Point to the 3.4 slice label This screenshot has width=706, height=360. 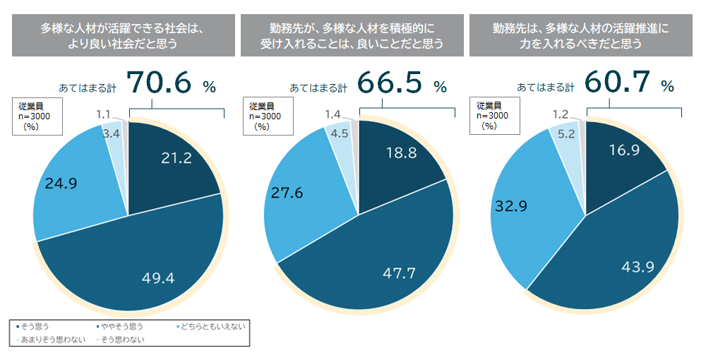pyautogui.click(x=110, y=133)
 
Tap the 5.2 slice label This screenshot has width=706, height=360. pyautogui.click(x=565, y=133)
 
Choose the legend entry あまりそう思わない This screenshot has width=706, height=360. pyautogui.click(x=52, y=340)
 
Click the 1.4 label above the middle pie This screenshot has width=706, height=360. pyautogui.click(x=334, y=114)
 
